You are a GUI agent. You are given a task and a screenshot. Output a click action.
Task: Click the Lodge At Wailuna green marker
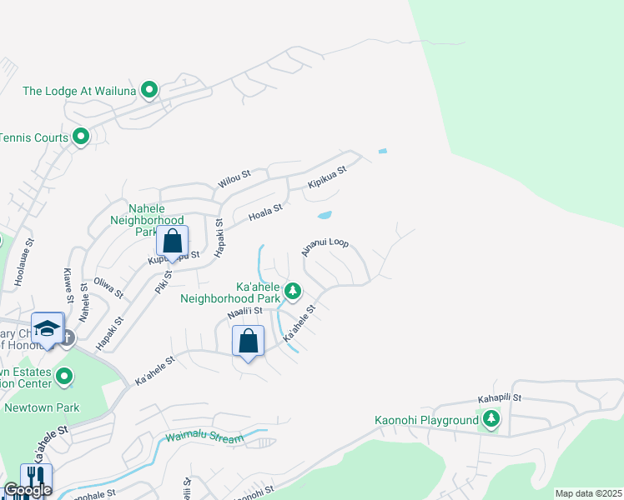click(149, 90)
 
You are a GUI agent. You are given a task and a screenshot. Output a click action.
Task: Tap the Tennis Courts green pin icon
click(81, 136)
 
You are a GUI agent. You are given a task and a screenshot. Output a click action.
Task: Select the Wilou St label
click(234, 177)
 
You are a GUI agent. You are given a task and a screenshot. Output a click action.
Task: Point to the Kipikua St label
click(326, 175)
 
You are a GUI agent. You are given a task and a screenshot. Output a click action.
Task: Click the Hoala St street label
click(266, 212)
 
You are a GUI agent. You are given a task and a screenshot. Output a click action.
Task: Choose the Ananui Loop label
click(325, 247)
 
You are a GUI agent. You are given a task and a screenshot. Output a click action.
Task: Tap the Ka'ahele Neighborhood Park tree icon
click(292, 291)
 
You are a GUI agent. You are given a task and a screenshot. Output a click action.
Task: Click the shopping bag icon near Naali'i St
click(248, 341)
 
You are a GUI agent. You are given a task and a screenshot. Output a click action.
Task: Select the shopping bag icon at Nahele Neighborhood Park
click(172, 242)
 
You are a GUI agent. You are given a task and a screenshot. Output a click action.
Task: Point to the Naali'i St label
click(245, 312)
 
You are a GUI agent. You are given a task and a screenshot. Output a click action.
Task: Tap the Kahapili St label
click(499, 399)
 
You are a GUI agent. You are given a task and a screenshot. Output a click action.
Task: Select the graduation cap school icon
click(48, 328)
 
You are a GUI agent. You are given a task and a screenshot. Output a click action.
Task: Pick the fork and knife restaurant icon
click(36, 479)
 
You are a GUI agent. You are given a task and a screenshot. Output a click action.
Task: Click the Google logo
click(27, 491)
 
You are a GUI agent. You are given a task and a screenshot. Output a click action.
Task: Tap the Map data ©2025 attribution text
click(588, 493)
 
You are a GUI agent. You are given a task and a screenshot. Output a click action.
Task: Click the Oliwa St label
click(108, 288)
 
